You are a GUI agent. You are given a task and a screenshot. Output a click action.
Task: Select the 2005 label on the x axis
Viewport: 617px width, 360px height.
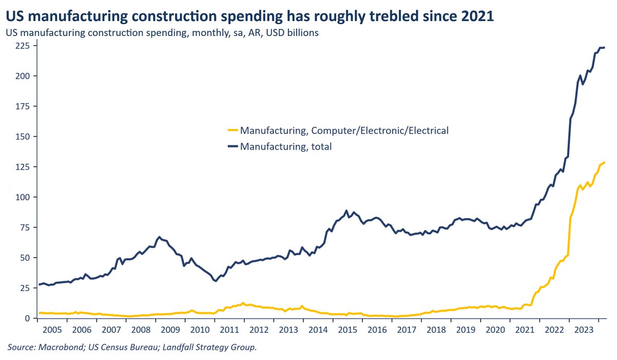53,329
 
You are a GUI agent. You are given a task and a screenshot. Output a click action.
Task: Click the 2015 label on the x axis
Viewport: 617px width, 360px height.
348,329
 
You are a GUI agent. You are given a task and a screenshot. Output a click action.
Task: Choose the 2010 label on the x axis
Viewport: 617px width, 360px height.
201,329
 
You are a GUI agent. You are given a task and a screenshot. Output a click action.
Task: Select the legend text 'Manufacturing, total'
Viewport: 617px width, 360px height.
286,147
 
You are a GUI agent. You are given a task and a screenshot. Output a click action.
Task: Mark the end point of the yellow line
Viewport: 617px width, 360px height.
605,163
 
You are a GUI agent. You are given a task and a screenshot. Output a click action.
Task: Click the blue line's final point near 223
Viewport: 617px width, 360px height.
605,48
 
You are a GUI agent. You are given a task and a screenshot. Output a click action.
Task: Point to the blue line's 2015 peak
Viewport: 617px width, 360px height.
347,211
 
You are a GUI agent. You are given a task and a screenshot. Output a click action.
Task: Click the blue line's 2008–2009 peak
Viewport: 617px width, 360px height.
159,237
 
